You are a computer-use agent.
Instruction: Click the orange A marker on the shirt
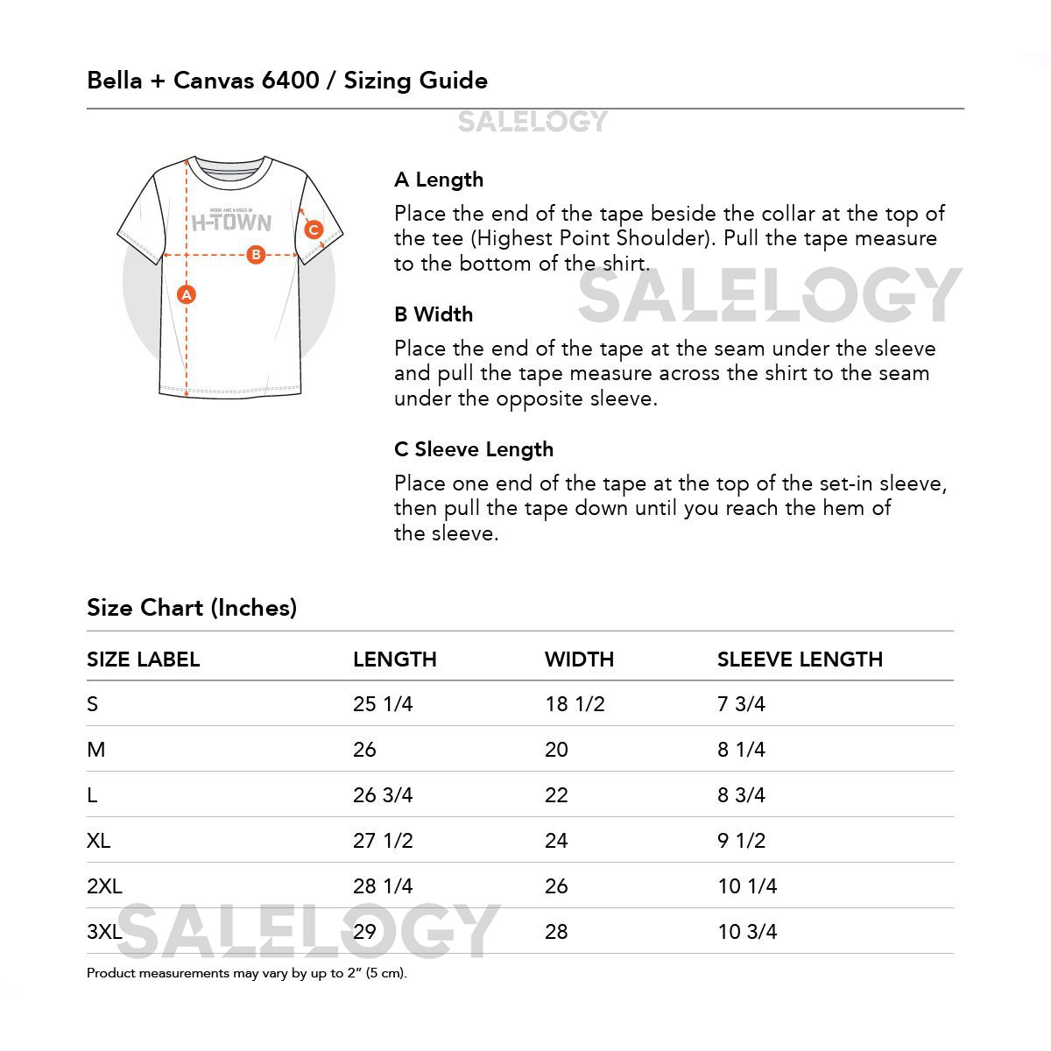point(186,295)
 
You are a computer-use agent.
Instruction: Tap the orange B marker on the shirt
point(256,255)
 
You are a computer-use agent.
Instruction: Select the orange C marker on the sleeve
point(314,231)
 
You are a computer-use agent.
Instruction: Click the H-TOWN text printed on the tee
point(231,222)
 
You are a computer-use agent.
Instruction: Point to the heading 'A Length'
point(439,180)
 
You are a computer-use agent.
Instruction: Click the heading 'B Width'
point(434,314)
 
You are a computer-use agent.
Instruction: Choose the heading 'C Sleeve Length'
point(474,449)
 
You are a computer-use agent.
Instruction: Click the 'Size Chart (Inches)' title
point(192,608)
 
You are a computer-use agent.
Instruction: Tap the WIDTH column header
point(579,660)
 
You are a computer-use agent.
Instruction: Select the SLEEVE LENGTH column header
point(800,660)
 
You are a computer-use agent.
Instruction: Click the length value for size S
point(383,704)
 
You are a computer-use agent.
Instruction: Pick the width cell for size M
point(556,750)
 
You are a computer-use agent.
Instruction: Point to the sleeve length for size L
point(741,795)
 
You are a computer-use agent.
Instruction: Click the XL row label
point(99,841)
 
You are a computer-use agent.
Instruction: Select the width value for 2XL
point(556,886)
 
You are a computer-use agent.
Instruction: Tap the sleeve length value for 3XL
point(747,932)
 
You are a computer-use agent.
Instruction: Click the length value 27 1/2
point(383,841)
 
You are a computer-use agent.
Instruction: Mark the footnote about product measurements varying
point(247,973)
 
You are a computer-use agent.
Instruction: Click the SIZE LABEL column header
point(144,660)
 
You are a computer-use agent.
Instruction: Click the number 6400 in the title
point(290,81)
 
